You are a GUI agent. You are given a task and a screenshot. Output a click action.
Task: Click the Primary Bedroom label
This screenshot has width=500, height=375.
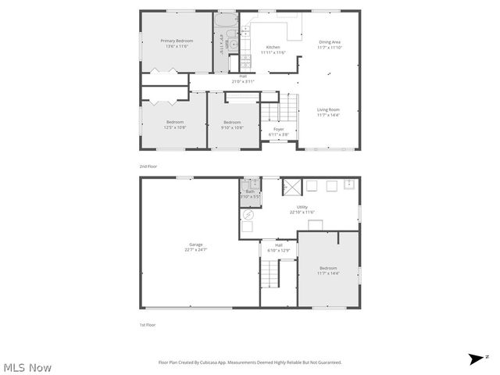tap(177, 41)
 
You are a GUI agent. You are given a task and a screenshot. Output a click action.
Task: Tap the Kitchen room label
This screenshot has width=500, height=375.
tap(273, 47)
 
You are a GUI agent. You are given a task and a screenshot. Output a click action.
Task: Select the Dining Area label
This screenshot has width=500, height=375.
tap(330, 42)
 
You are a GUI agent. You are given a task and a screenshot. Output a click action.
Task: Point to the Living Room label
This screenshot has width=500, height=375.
tap(328, 109)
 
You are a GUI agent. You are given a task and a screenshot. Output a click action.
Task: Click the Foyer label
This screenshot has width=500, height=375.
tap(279, 129)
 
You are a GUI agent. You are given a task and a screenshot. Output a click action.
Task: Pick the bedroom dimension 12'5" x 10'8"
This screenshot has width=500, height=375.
tap(175, 127)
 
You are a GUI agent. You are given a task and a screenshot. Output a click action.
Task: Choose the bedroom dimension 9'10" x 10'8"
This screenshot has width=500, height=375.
tap(232, 127)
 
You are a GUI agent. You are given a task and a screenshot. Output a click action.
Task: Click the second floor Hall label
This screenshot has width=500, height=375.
tap(243, 76)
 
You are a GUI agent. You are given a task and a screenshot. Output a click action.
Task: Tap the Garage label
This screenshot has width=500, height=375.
tap(195, 245)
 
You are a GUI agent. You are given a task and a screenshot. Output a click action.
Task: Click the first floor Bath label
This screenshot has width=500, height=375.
tap(250, 191)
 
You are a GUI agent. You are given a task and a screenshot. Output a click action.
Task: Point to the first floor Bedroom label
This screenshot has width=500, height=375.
tap(328, 268)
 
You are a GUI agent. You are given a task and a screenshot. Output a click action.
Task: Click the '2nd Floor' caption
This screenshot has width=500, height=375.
tap(148, 166)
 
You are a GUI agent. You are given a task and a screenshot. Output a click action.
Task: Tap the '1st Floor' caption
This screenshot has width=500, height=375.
tap(147, 324)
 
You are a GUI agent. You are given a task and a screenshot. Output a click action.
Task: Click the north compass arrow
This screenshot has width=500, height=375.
tap(476, 359)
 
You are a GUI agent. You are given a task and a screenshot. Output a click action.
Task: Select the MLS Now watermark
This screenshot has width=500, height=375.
tap(27, 366)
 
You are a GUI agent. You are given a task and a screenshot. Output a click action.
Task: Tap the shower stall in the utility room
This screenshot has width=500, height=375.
tap(291, 186)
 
